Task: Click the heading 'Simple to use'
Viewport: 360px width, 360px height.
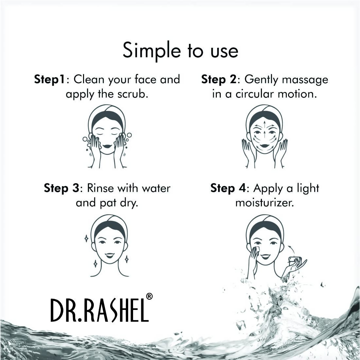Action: tap(180, 51)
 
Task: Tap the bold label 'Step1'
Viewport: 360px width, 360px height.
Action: tap(50, 80)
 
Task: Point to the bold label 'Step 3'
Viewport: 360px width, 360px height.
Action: tap(61, 188)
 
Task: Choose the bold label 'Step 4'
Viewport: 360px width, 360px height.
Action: tap(228, 188)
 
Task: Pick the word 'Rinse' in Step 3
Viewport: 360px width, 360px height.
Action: tap(101, 188)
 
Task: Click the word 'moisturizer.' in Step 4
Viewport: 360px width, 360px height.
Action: tap(265, 203)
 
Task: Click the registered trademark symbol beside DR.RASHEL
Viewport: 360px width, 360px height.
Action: tap(149, 296)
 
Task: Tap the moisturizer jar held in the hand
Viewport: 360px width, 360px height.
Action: tap(294, 261)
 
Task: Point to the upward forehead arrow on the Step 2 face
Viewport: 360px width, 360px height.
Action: tap(264, 124)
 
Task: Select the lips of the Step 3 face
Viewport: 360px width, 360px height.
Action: tap(110, 255)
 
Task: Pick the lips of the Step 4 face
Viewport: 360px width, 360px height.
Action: tap(266, 256)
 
